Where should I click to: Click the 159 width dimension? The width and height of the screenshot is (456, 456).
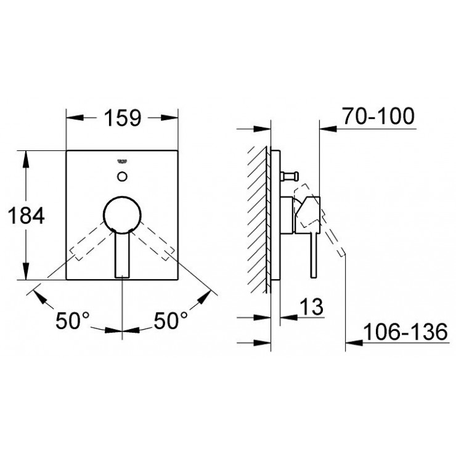click(x=122, y=116)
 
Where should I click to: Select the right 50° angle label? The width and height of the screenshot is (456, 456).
click(x=171, y=320)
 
